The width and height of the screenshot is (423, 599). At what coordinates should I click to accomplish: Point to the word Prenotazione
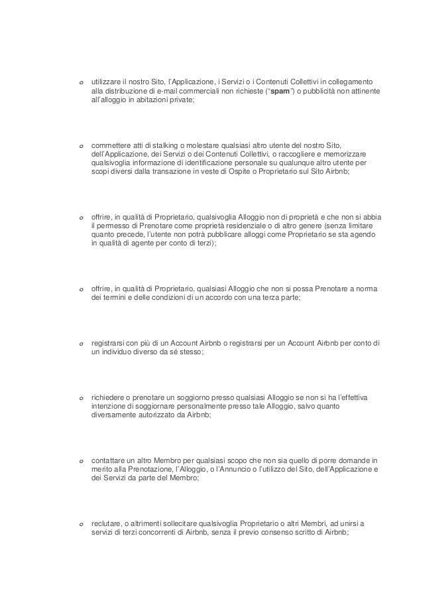click(138, 469)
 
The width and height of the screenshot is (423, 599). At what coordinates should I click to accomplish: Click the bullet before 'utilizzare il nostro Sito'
click(80, 83)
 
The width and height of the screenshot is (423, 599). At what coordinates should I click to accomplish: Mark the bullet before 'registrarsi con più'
click(80, 344)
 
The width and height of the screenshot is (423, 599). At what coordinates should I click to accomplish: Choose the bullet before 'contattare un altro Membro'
click(80, 460)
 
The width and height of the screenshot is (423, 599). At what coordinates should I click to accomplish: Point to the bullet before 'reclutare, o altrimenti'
click(80, 523)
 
